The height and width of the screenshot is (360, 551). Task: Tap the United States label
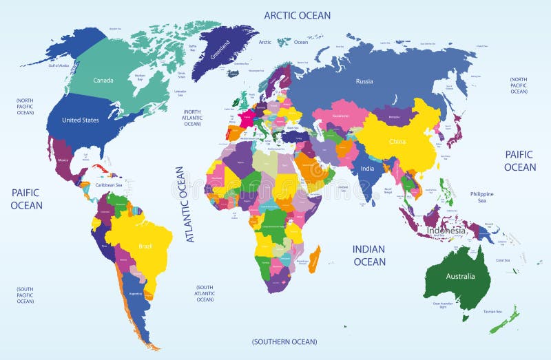(x=81, y=120)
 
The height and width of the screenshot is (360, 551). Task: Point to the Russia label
(x=364, y=81)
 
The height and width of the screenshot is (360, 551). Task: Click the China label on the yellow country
(x=397, y=142)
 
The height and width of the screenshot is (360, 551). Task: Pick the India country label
(x=366, y=169)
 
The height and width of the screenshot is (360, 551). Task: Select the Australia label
(x=460, y=277)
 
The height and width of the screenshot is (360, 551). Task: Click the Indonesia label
(x=446, y=230)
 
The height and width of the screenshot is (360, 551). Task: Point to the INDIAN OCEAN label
(x=369, y=255)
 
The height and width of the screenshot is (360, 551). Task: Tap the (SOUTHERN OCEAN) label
(x=284, y=341)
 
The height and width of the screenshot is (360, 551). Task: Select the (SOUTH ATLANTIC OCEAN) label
(x=205, y=293)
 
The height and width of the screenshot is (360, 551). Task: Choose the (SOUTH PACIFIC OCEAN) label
(x=25, y=295)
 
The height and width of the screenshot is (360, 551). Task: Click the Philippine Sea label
(x=482, y=198)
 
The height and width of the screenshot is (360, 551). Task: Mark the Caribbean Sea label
(x=109, y=185)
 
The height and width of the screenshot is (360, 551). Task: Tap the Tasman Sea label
(x=492, y=312)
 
